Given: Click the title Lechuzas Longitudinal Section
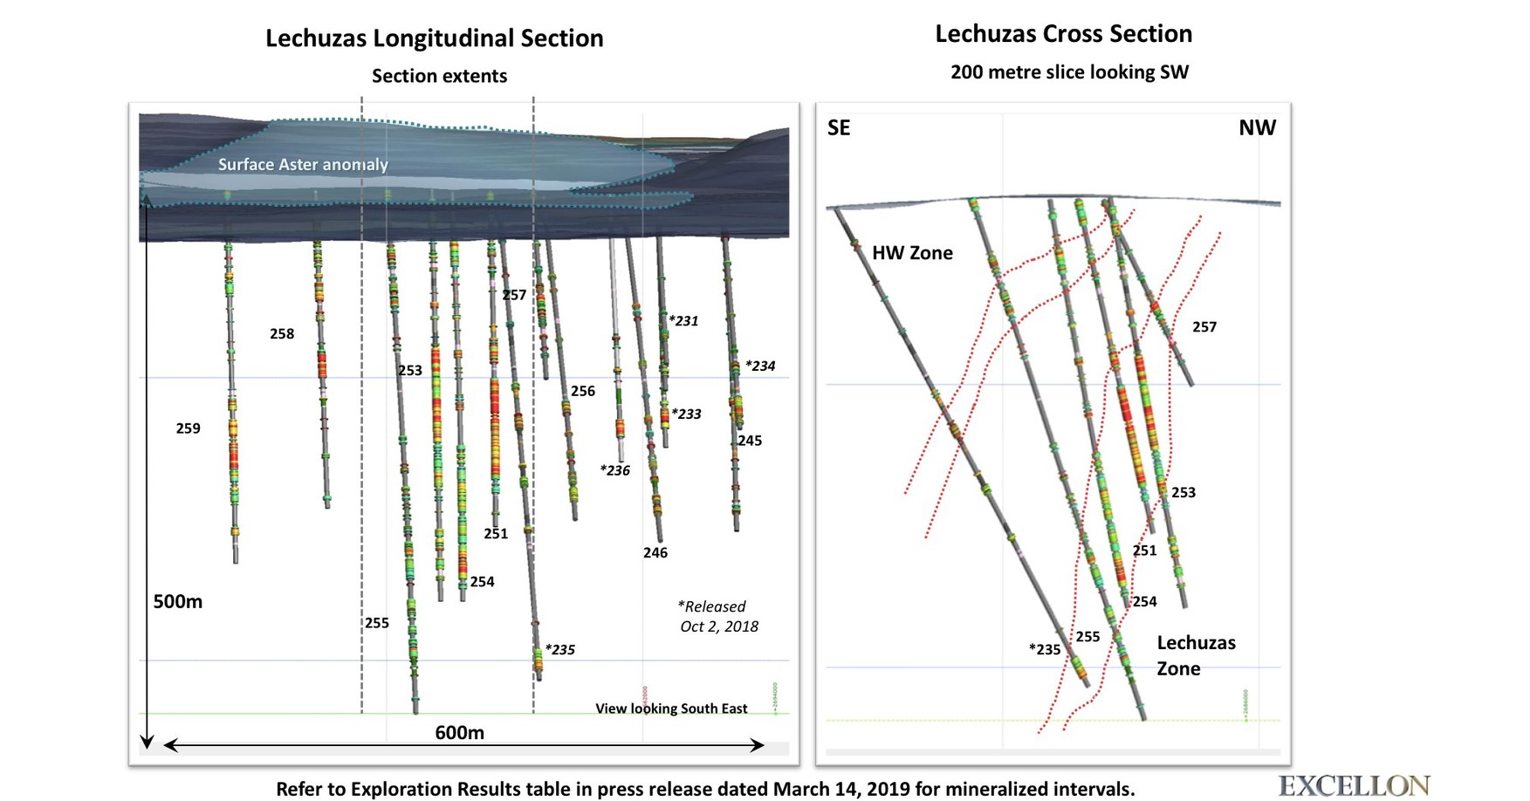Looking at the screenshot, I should [x=434, y=38].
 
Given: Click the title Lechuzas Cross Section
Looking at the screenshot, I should [x=1063, y=34].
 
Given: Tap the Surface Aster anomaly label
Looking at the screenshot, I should [x=302, y=164].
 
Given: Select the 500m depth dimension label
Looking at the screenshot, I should [x=177, y=601].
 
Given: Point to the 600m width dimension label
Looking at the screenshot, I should [x=459, y=733].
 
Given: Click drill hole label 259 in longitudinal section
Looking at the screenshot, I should [x=188, y=428].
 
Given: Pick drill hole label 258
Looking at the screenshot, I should [x=281, y=334].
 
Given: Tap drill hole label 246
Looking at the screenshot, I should [x=655, y=552].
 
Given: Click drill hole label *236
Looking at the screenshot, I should [x=614, y=470].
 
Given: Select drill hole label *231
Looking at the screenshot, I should [x=683, y=321].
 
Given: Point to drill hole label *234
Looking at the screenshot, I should [x=759, y=366].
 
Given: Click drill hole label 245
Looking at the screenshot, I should [x=749, y=441].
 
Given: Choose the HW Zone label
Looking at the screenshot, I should [x=912, y=253].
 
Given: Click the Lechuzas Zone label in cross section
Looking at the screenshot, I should [x=1195, y=655].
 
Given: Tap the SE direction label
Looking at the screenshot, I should [x=838, y=128].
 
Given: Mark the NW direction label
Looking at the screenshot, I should [x=1256, y=128].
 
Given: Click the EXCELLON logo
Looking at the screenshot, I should [x=1353, y=785].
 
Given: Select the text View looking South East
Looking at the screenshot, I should [x=670, y=709].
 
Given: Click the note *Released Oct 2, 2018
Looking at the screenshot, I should [x=717, y=616].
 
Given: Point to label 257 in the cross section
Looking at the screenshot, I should [x=1204, y=327].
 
